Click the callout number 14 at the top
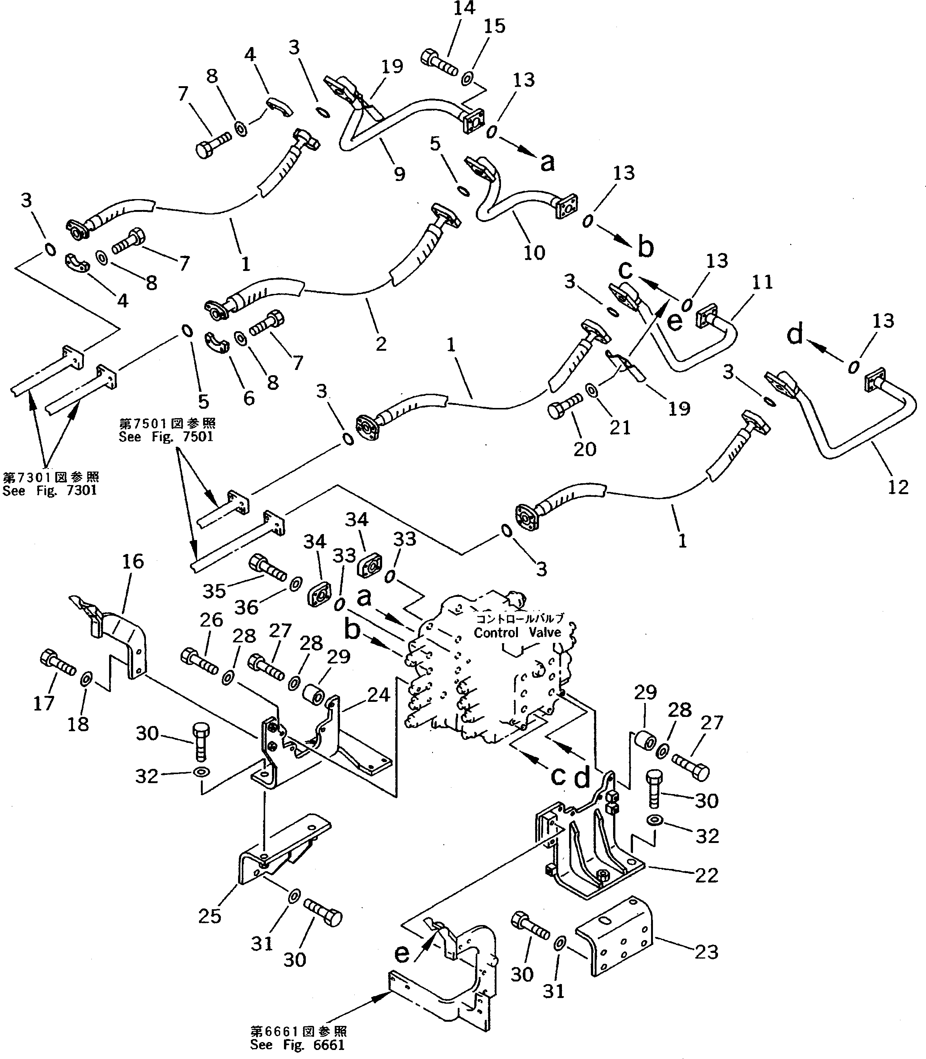click(463, 8)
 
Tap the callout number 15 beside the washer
click(494, 26)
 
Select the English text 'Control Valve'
click(517, 632)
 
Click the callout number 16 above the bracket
click(132, 561)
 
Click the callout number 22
click(706, 875)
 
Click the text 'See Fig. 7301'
click(50, 490)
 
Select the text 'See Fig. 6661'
click(297, 1045)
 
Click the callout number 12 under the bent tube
click(897, 487)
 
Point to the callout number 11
click(762, 282)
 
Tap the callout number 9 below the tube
click(399, 174)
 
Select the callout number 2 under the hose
click(381, 343)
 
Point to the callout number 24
click(378, 695)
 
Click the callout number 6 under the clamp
click(249, 398)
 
